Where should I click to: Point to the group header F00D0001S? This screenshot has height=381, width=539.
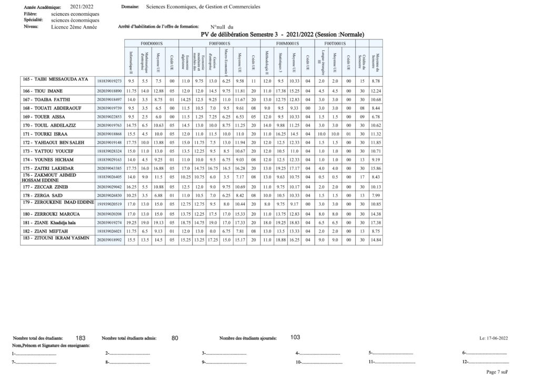pyautogui.click(x=152, y=43)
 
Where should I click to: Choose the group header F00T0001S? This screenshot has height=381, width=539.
pyautogui.click(x=335, y=43)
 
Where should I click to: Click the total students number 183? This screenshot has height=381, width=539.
pyautogui.click(x=81, y=338)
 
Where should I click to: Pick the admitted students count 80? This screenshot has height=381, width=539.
pyautogui.click(x=175, y=338)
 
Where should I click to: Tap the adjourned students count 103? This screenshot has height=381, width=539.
pyautogui.click(x=295, y=337)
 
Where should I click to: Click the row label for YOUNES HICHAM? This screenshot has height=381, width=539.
pyautogui.click(x=48, y=159)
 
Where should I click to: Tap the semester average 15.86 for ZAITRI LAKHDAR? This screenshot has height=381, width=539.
pyautogui.click(x=375, y=168)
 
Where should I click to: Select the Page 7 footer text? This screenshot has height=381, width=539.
pyautogui.click(x=496, y=372)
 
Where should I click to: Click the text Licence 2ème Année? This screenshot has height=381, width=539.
pyautogui.click(x=74, y=26)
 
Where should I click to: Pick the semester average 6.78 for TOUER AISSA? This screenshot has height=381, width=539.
pyautogui.click(x=375, y=116)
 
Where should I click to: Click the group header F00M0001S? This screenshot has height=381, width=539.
pyautogui.click(x=287, y=43)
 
